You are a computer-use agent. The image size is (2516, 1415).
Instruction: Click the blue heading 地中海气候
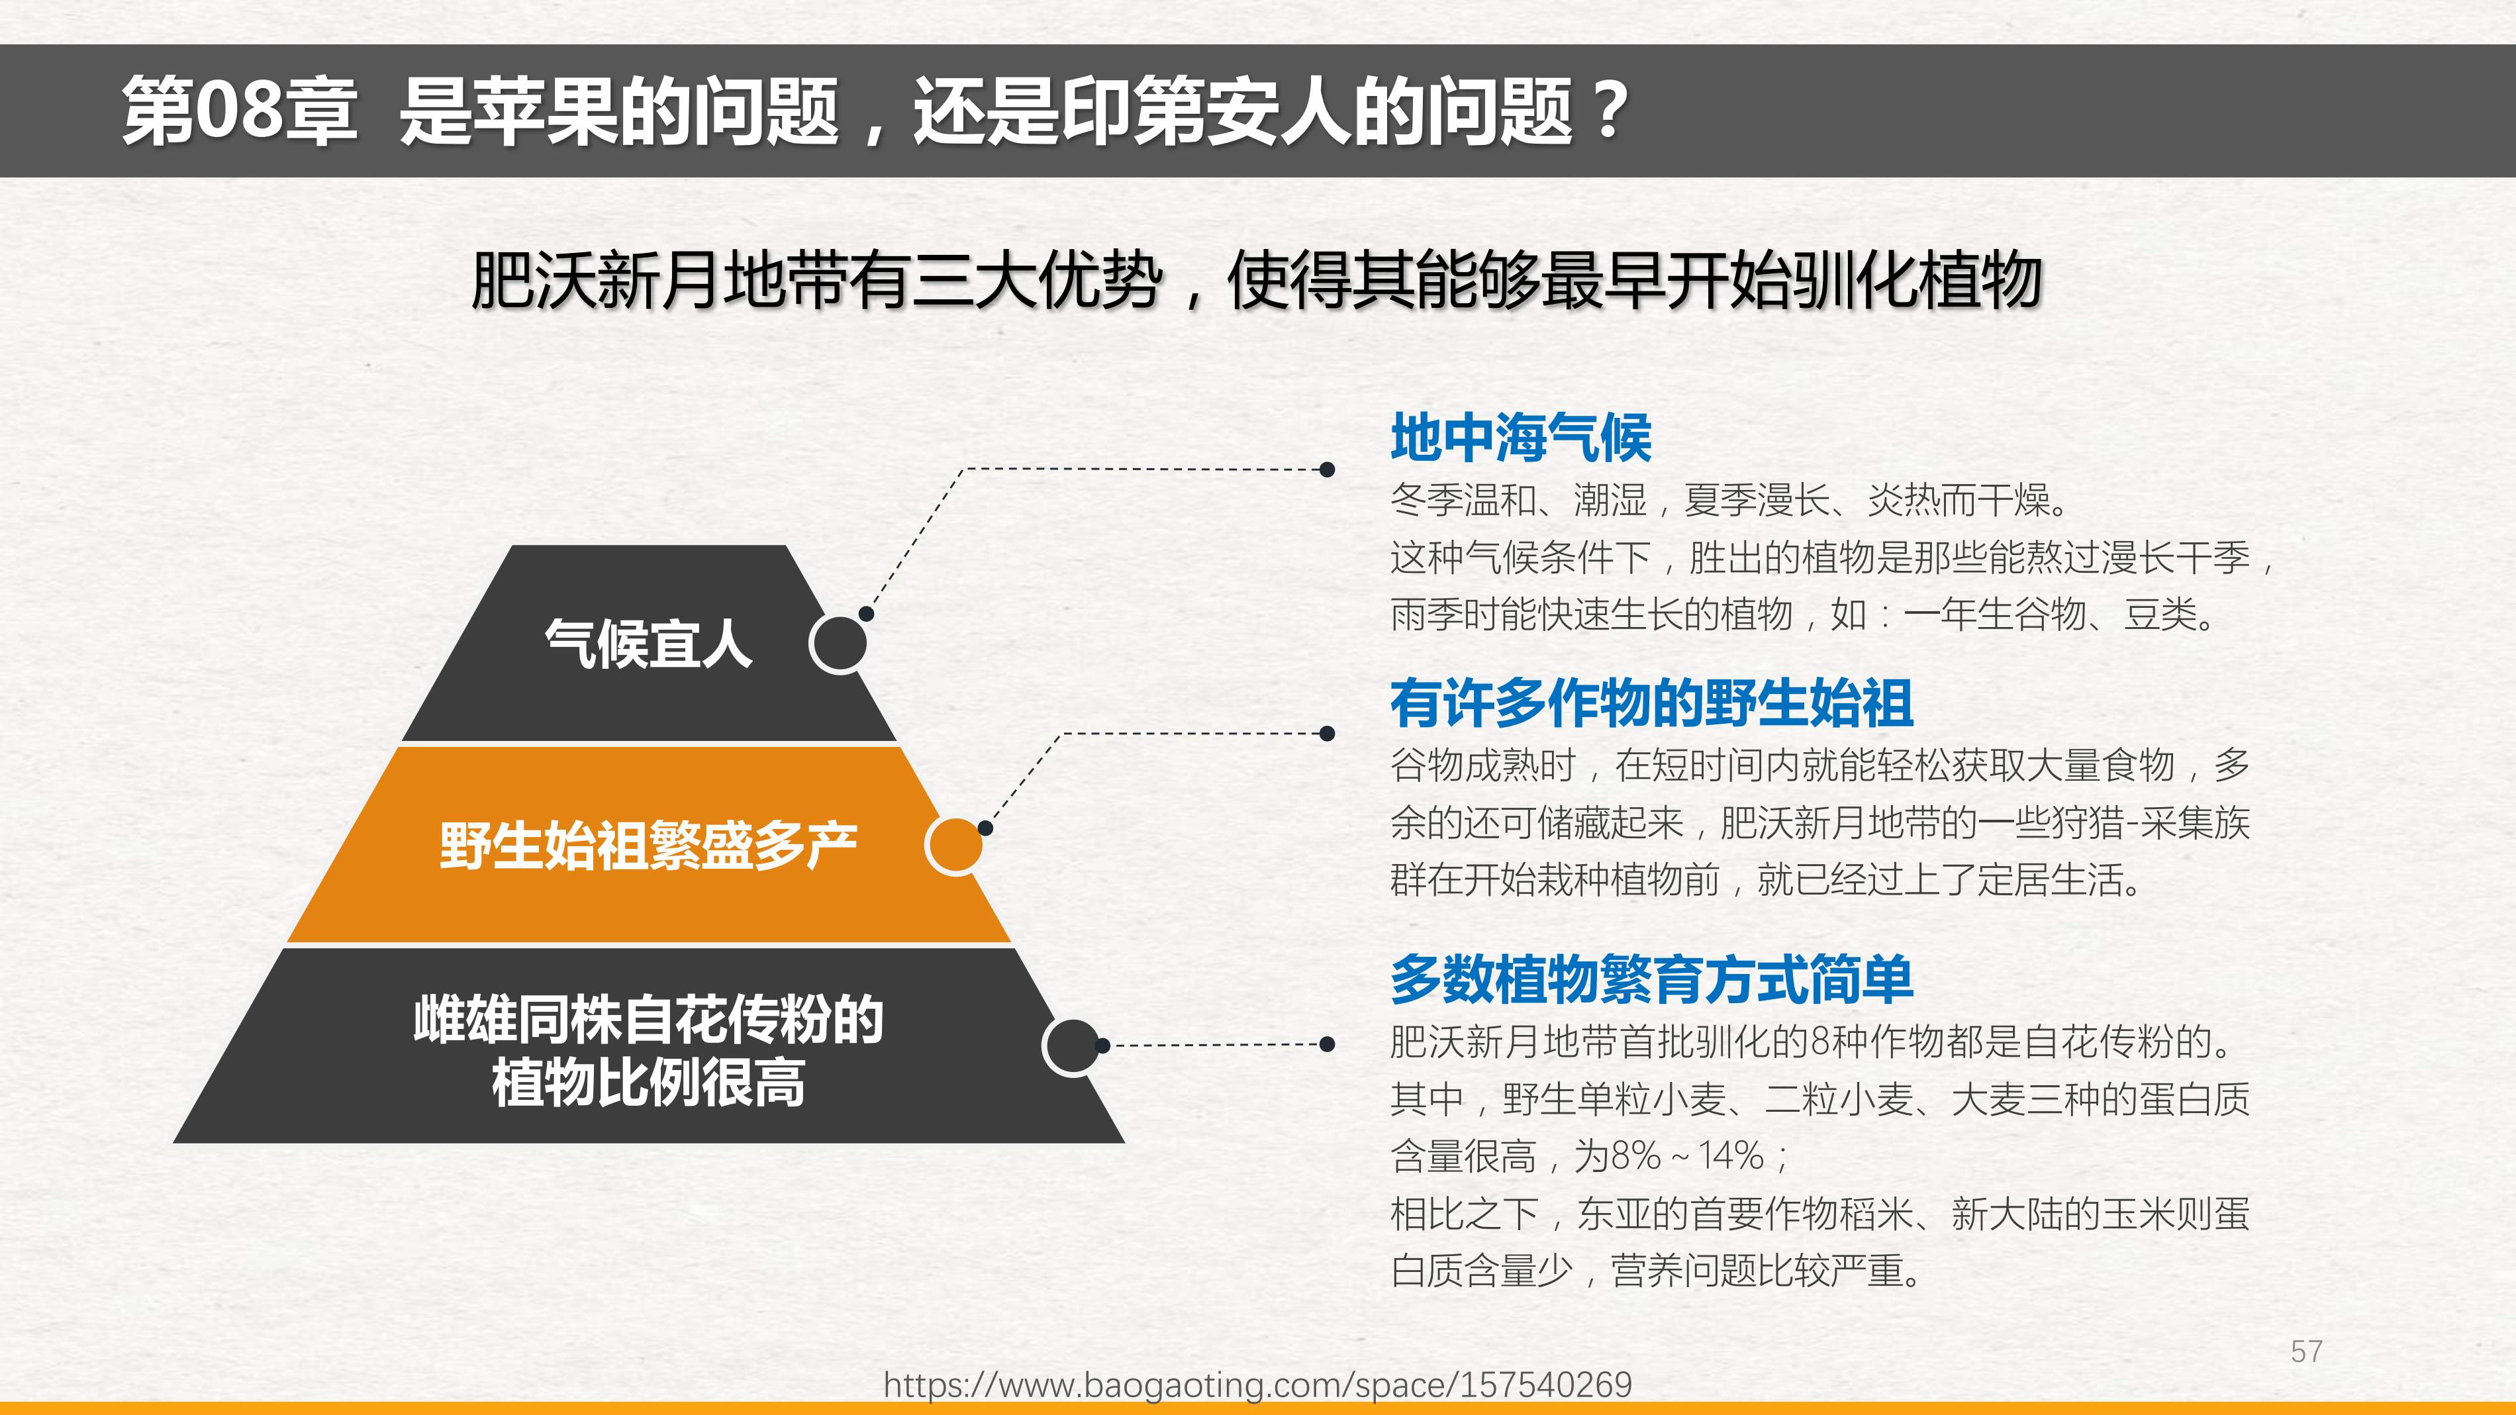tap(1521, 438)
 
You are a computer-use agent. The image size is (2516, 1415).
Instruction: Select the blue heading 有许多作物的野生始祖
tap(1651, 703)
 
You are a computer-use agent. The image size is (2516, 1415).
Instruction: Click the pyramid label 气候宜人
tap(649, 644)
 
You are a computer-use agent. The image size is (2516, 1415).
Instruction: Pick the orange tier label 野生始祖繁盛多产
tap(649, 846)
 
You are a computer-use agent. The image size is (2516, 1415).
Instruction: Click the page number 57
tap(2306, 1351)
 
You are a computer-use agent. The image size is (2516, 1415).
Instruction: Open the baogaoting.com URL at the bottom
tap(1258, 1385)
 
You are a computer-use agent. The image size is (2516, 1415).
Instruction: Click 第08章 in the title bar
tap(239, 111)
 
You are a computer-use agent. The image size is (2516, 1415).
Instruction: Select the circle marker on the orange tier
tap(954, 846)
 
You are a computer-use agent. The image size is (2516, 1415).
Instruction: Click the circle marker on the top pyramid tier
tap(839, 644)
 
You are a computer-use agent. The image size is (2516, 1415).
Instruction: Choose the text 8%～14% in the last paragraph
tap(1689, 1156)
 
